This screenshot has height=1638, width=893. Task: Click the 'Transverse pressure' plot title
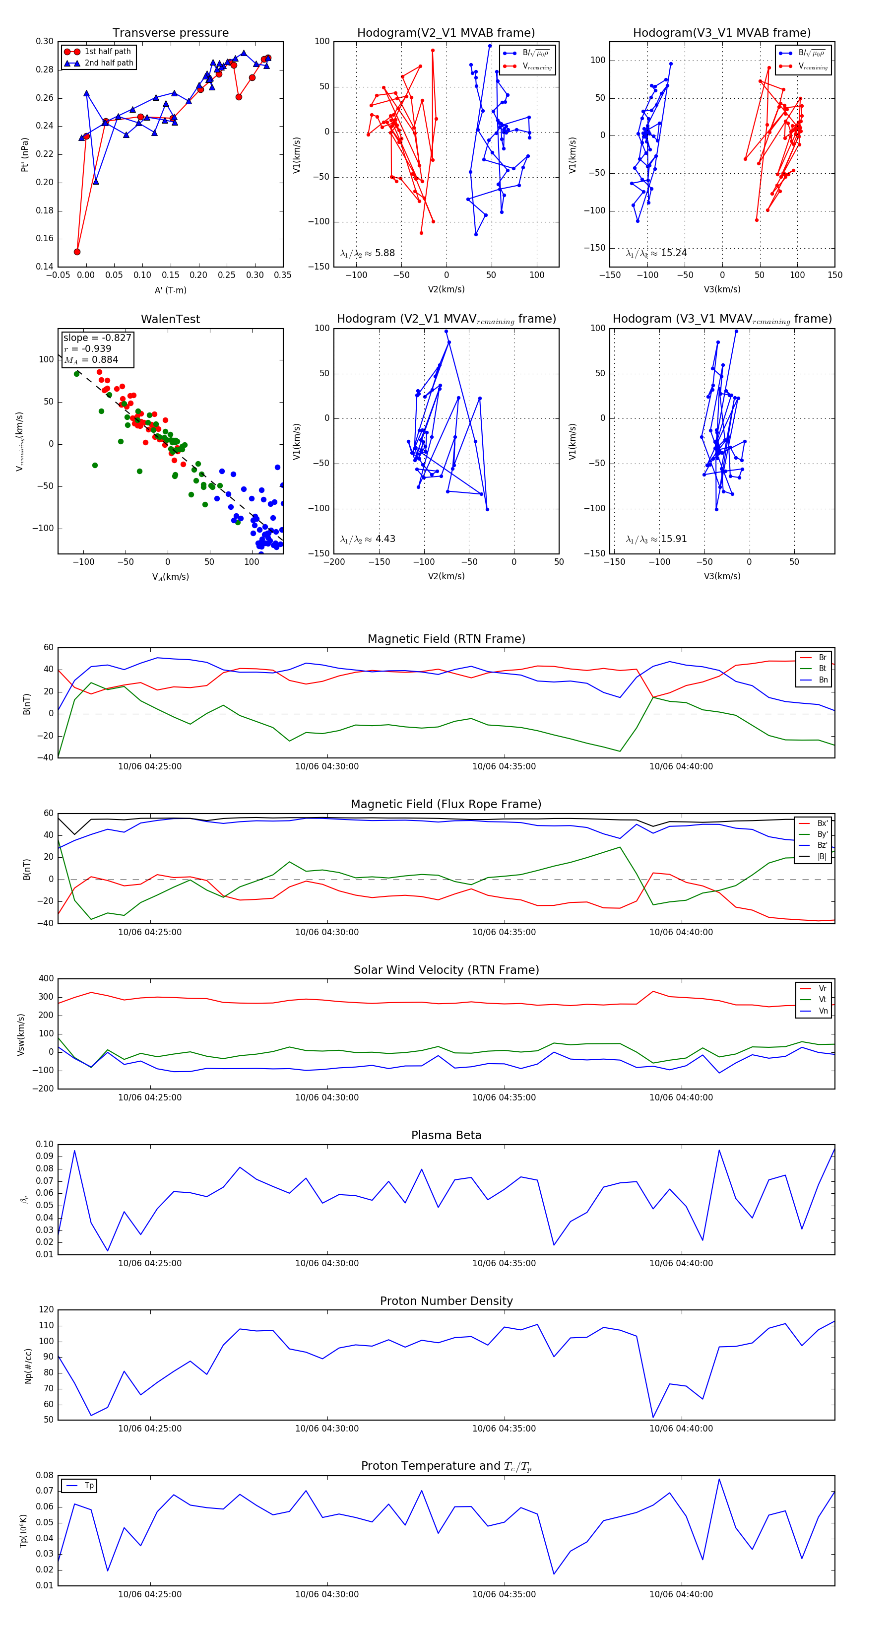point(170,33)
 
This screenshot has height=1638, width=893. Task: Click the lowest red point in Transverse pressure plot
point(77,252)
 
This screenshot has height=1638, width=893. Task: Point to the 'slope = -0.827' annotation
point(97,338)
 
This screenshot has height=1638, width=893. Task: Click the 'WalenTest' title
point(170,319)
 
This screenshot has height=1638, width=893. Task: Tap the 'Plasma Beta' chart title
point(446,1135)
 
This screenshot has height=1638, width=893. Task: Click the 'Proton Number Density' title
point(446,1301)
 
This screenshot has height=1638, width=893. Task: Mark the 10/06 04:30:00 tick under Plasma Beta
point(327,1263)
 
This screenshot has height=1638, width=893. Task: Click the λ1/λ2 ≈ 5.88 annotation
point(367,253)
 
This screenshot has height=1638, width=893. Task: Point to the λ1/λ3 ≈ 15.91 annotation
point(656,539)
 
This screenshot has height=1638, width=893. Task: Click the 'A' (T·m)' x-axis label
point(170,290)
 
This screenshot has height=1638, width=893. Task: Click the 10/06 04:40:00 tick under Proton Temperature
point(681,1594)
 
